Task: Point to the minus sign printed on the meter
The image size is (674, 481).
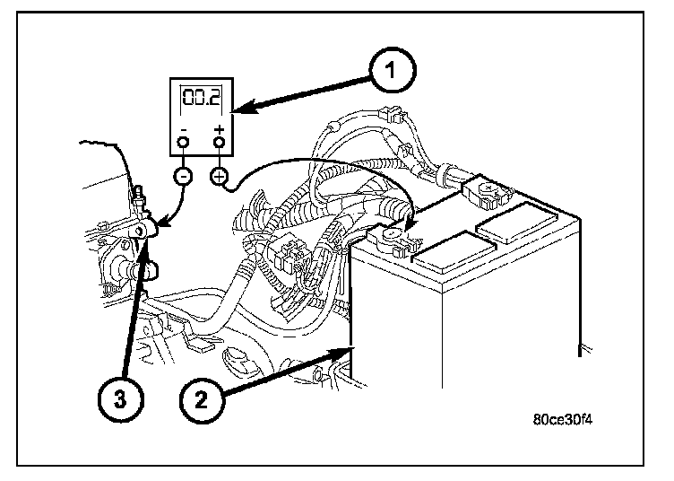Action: (x=183, y=131)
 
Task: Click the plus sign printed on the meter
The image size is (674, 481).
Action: (x=219, y=131)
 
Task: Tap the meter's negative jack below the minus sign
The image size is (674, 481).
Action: (x=183, y=144)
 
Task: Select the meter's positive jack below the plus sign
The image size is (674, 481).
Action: (x=219, y=144)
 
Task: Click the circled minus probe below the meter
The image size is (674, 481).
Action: (x=183, y=176)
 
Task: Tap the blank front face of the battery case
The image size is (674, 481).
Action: (x=466, y=332)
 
